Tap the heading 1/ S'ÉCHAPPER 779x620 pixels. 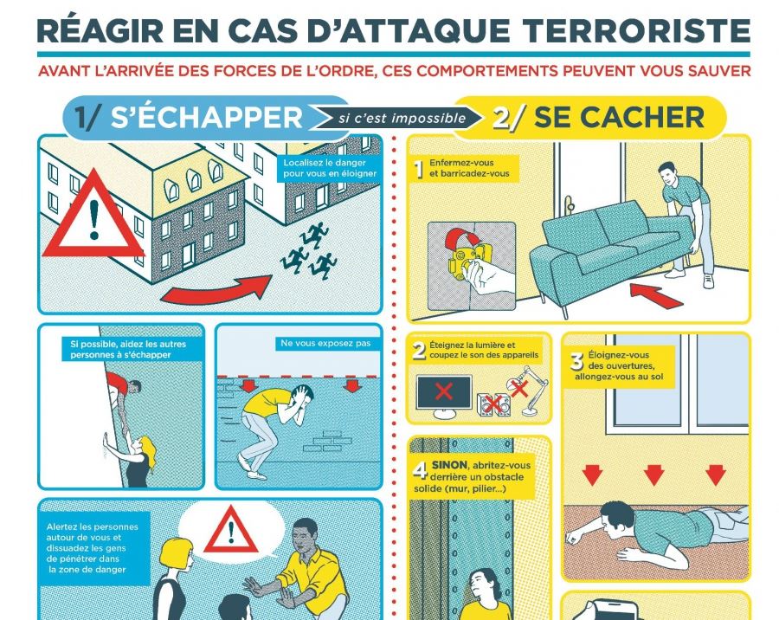(189, 118)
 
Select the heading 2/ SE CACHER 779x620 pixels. (599, 118)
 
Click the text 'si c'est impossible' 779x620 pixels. (402, 119)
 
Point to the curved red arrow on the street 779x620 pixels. (216, 290)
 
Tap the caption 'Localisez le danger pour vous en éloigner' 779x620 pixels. (330, 168)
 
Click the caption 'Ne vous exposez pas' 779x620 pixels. (325, 343)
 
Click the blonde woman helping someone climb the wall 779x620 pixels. (134, 459)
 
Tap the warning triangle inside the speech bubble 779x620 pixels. (231, 530)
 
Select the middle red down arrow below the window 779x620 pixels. (653, 475)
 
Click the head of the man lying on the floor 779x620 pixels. (617, 520)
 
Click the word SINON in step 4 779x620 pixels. (449, 465)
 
